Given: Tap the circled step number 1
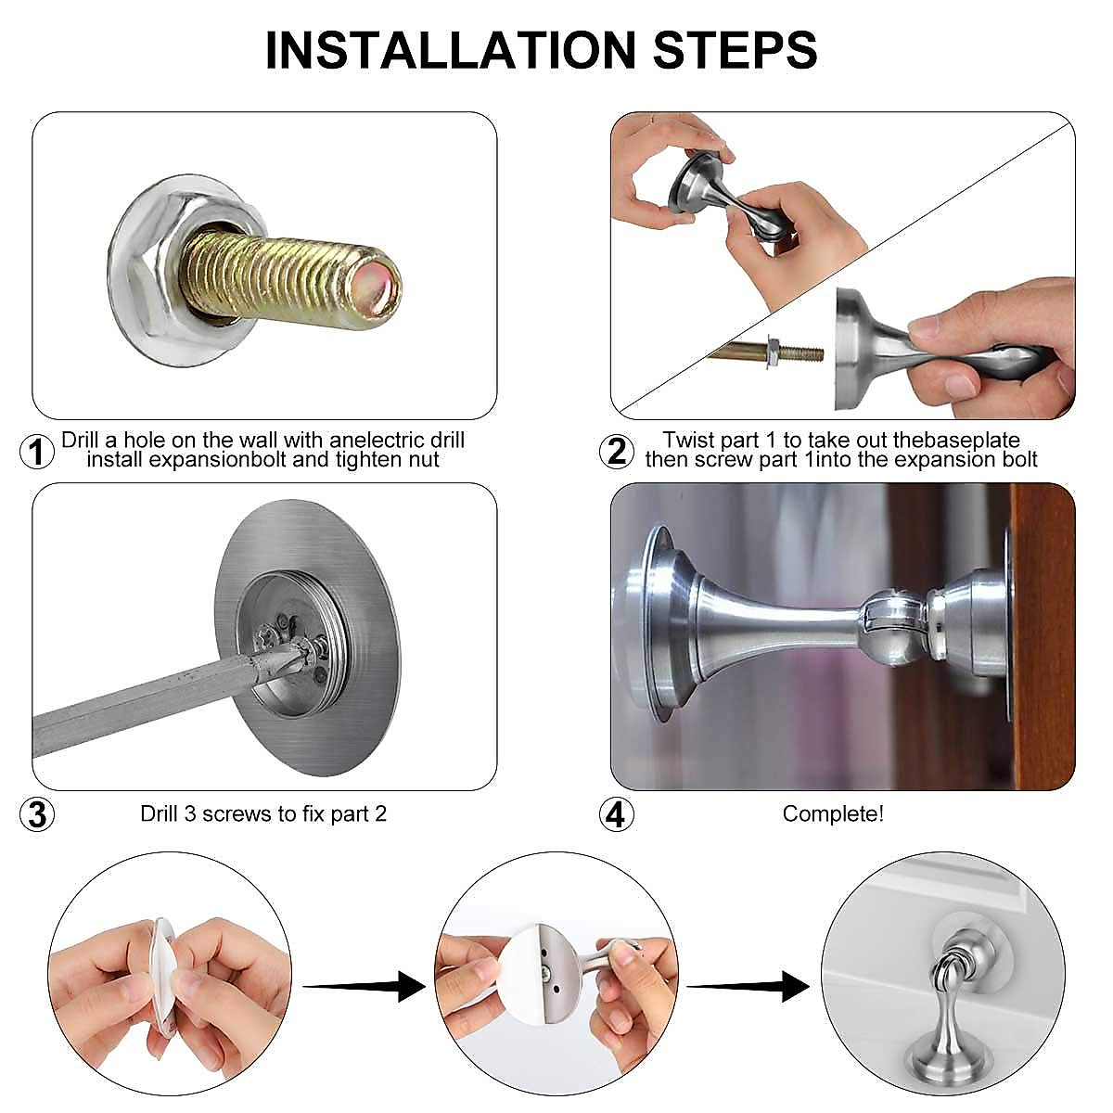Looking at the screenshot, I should click(37, 452).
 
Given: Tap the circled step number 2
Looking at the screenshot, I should click(617, 452).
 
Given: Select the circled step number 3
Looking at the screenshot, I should click(37, 815).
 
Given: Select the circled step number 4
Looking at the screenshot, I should click(617, 815).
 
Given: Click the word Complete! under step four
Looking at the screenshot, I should click(833, 814).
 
